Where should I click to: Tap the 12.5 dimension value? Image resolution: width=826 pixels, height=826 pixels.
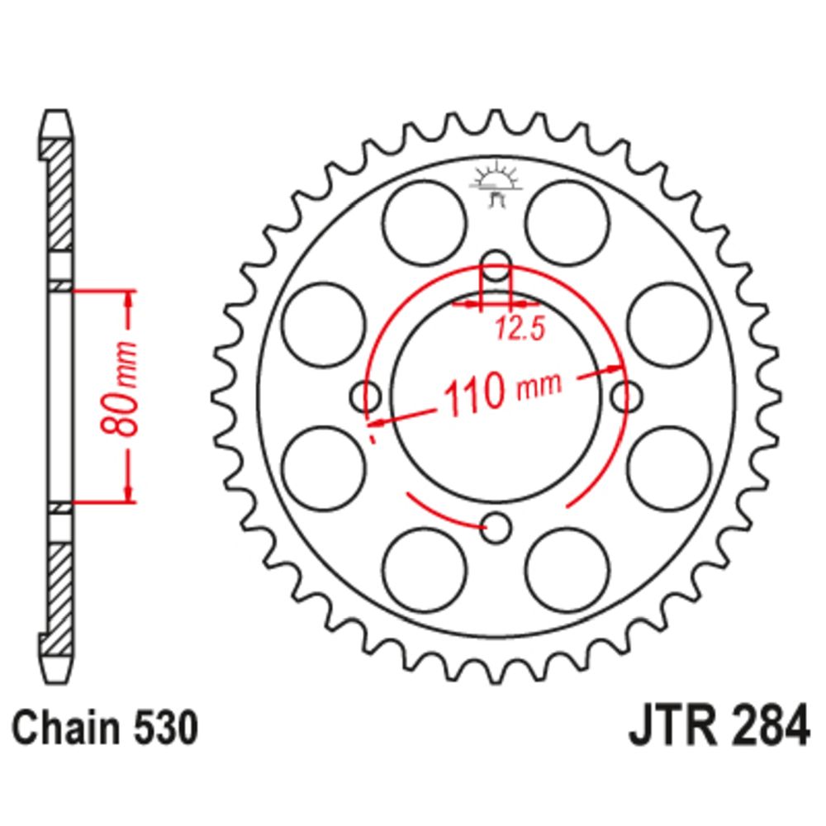pos(519,330)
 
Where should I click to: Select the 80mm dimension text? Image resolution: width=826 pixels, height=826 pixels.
pos(119,389)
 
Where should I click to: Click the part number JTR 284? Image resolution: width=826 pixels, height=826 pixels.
pos(719,726)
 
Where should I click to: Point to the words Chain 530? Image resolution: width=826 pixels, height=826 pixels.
pos(106,728)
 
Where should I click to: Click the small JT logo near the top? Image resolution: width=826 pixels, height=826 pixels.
pos(496,185)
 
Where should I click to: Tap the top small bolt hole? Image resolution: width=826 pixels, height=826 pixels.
pos(496,265)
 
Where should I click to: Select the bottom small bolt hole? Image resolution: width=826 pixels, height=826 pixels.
pos(496,527)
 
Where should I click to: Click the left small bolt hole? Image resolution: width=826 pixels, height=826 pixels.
pos(366,396)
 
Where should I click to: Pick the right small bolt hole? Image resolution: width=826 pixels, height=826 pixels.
pos(626,396)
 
